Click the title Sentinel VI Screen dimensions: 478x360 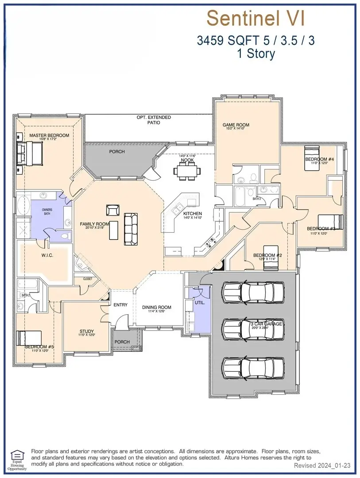pyautogui.click(x=255, y=19)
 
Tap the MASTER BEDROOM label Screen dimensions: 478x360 pyautogui.click(x=49, y=135)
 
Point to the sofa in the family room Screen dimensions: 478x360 pyautogui.click(x=131, y=228)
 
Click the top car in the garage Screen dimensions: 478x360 pyautogui.click(x=253, y=293)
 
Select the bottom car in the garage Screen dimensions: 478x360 pyautogui.click(x=253, y=367)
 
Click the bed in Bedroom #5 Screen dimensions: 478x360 pyautogui.click(x=29, y=338)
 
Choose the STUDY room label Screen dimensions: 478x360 pyautogui.click(x=87, y=331)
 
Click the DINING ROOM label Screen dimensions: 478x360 pyautogui.click(x=156, y=307)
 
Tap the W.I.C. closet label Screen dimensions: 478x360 pyautogui.click(x=47, y=255)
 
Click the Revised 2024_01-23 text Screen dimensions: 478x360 pyautogui.click(x=322, y=466)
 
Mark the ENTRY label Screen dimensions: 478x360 pyautogui.click(x=120, y=305)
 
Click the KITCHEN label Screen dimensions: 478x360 pyautogui.click(x=193, y=213)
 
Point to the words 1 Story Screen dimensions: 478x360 pyautogui.click(x=255, y=54)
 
